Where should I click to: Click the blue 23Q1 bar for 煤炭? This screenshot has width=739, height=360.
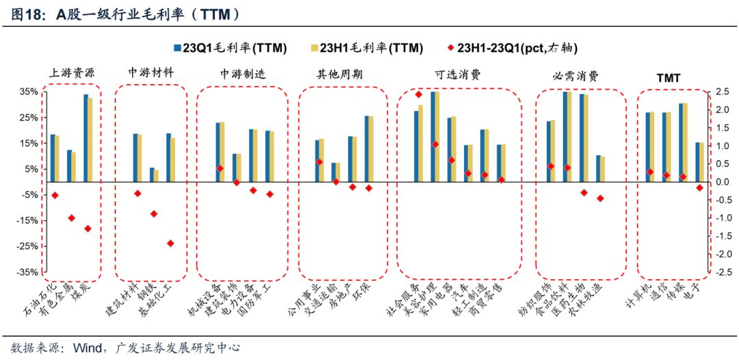tap(86, 137)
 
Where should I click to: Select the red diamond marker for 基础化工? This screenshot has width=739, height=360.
tap(170, 243)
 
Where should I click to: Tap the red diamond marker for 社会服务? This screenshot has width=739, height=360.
tap(419, 94)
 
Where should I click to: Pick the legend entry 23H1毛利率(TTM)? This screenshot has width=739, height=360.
tap(366, 48)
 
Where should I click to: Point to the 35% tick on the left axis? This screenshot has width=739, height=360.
tap(27, 91)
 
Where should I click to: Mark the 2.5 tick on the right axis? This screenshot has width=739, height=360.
tap(718, 91)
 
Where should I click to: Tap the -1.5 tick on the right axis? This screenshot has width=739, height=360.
tap(718, 236)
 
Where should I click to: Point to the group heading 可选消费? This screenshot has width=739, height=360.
tap(457, 73)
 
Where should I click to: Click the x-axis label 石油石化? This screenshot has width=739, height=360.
tap(40, 301)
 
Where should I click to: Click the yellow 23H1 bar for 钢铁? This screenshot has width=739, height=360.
tap(156, 175)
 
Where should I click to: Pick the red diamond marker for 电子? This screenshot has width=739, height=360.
tap(699, 188)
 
